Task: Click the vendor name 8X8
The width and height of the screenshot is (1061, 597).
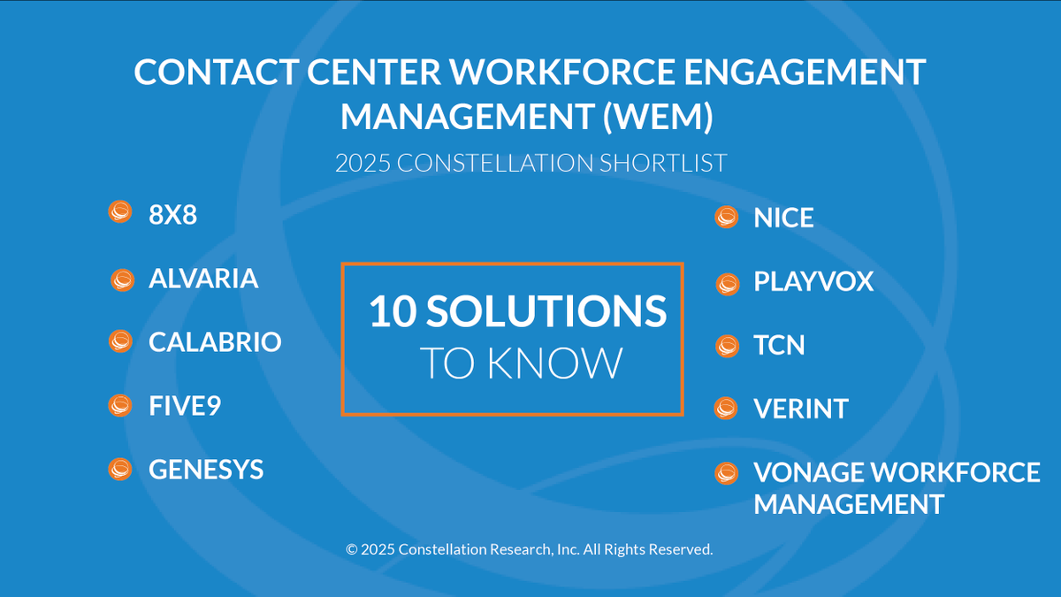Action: click(x=172, y=215)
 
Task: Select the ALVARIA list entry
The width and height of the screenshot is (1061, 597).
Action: click(x=203, y=279)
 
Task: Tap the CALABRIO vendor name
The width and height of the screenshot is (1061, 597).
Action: click(x=215, y=342)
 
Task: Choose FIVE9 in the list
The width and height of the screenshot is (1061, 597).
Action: click(x=185, y=406)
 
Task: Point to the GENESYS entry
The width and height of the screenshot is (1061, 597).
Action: click(x=206, y=469)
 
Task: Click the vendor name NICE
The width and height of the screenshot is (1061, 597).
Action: click(x=783, y=218)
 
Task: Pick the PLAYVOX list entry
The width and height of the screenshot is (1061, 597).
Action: click(x=813, y=282)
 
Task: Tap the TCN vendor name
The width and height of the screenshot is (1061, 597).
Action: click(x=779, y=345)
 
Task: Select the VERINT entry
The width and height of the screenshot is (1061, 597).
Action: click(x=801, y=409)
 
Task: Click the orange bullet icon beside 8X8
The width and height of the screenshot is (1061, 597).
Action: click(x=119, y=212)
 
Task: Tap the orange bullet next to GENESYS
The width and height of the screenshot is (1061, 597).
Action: click(x=119, y=469)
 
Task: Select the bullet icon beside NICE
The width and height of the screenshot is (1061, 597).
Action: click(x=727, y=218)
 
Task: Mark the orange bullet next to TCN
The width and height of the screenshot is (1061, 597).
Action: click(x=727, y=346)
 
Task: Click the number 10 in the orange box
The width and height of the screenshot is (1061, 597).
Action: click(x=392, y=312)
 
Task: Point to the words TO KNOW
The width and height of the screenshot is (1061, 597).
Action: click(x=520, y=364)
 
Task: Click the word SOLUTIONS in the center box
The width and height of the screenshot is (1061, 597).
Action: click(x=546, y=312)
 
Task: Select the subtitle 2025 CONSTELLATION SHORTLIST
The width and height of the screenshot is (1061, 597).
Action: click(x=530, y=164)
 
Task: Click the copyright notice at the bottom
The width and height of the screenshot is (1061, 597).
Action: click(x=529, y=549)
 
